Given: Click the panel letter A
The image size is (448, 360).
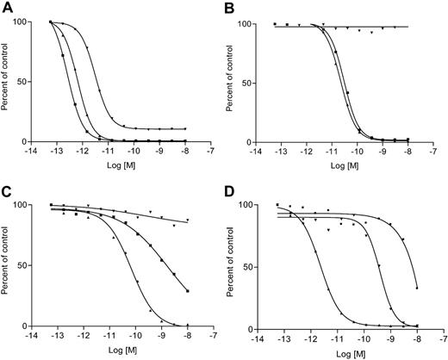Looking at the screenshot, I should point(7,7).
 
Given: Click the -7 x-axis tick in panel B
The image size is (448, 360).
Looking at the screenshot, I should point(439,152).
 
